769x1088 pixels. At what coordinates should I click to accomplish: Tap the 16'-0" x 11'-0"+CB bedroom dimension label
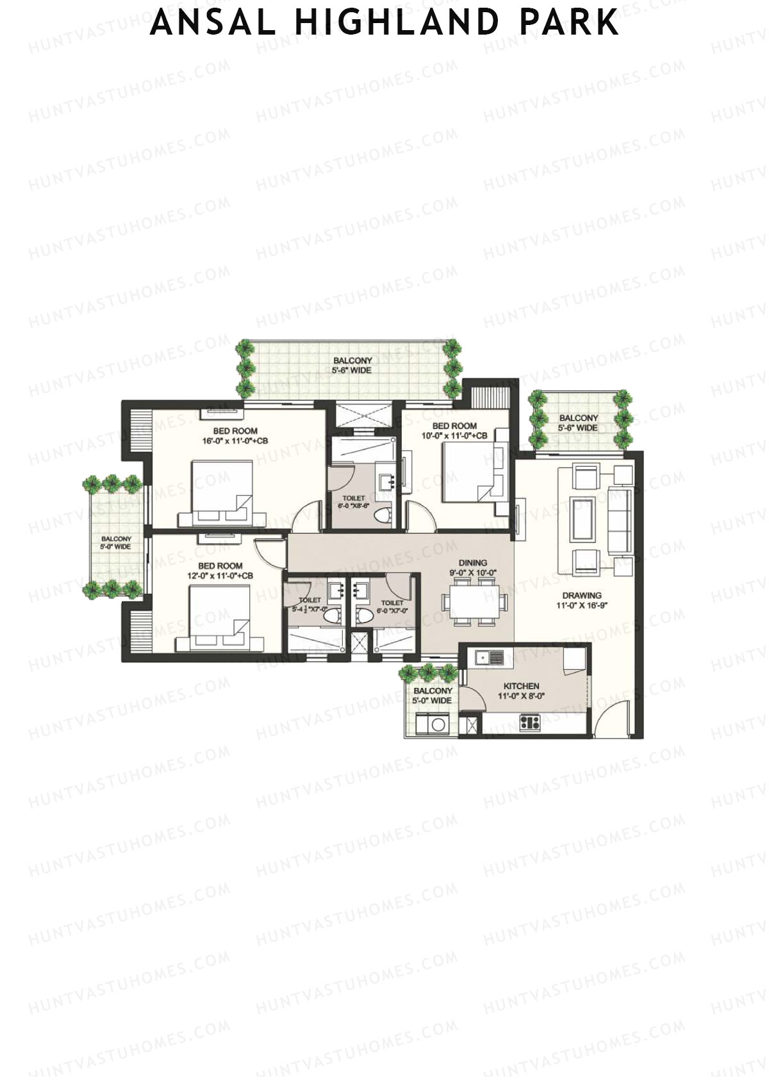[x=235, y=441]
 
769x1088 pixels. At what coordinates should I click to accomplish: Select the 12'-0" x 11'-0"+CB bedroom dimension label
[x=220, y=576]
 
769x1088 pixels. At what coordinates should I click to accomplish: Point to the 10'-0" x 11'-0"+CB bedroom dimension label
[x=454, y=436]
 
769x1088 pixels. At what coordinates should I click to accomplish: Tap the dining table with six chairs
[x=475, y=601]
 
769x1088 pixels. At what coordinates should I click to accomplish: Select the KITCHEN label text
[x=521, y=685]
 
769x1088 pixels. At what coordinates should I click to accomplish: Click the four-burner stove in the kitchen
[x=530, y=723]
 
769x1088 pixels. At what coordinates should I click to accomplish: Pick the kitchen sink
[x=488, y=657]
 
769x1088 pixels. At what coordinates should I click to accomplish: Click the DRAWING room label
[x=582, y=596]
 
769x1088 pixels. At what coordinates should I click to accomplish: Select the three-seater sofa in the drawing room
[x=618, y=521]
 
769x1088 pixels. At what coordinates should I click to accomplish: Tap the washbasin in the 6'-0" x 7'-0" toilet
[x=360, y=589]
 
